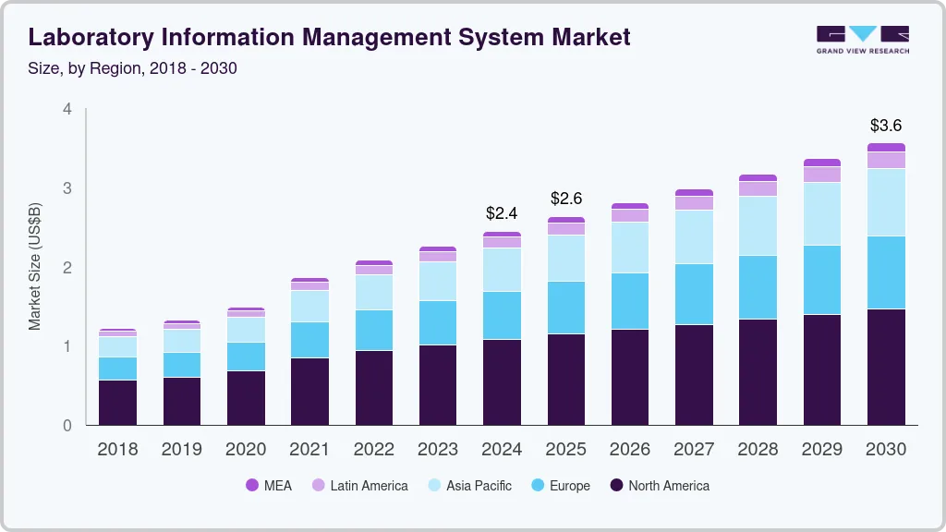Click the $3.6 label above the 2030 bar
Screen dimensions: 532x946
tap(886, 126)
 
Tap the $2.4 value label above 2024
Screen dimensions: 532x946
tap(502, 213)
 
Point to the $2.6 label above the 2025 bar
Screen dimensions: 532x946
tap(566, 199)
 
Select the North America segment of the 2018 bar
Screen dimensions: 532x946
tap(117, 403)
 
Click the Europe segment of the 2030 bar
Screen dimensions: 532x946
tap(886, 272)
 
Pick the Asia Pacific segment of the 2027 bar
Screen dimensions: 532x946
tap(694, 236)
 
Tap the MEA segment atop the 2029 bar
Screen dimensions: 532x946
tap(822, 163)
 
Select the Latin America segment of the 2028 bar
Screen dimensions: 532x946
tap(758, 188)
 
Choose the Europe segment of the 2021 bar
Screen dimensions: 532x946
tap(309, 340)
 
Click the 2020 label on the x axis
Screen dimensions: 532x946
tap(246, 450)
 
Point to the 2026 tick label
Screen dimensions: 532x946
tap(630, 450)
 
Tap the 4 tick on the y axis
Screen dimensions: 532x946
tap(67, 109)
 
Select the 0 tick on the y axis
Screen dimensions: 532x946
tap(67, 426)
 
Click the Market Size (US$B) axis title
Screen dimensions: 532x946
tap(35, 266)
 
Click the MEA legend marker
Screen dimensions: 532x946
tap(251, 486)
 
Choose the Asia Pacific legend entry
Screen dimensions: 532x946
tap(479, 486)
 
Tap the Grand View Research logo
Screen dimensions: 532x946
tap(862, 40)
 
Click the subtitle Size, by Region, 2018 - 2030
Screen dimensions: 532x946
tap(133, 68)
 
